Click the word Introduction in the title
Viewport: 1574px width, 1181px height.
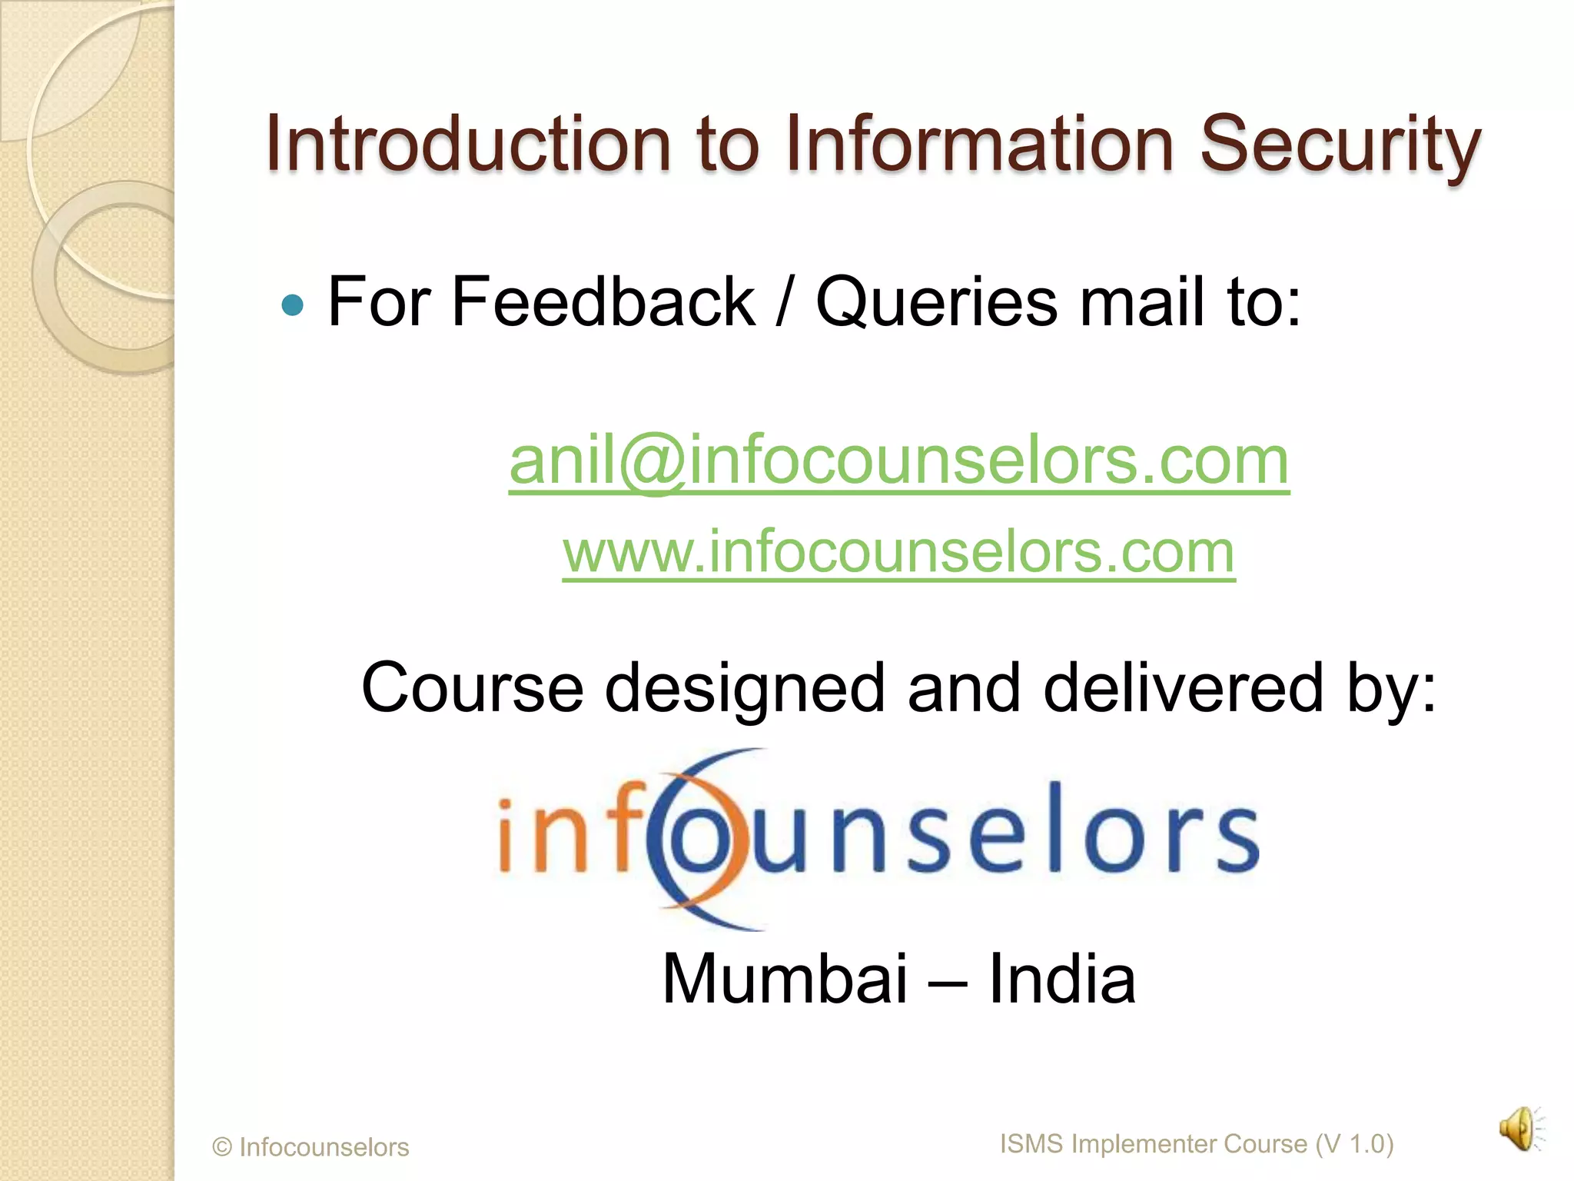coord(469,144)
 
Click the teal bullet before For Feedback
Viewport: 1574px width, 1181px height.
coord(293,305)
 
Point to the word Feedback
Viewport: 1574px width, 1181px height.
coord(603,301)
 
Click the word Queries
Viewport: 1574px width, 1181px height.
coord(936,303)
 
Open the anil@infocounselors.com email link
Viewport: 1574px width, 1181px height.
coord(898,461)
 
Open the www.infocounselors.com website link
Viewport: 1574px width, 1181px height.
coord(898,551)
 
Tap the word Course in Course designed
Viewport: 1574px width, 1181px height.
coord(472,687)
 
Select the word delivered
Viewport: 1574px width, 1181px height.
coord(1183,687)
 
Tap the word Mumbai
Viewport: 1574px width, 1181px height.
coord(785,979)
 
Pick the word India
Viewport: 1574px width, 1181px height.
coord(1061,979)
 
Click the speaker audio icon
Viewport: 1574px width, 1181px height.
coord(1519,1129)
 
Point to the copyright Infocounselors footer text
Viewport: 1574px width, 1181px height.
coord(310,1146)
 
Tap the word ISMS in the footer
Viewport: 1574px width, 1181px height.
coord(1031,1143)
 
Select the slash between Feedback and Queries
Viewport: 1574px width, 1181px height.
coord(783,303)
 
